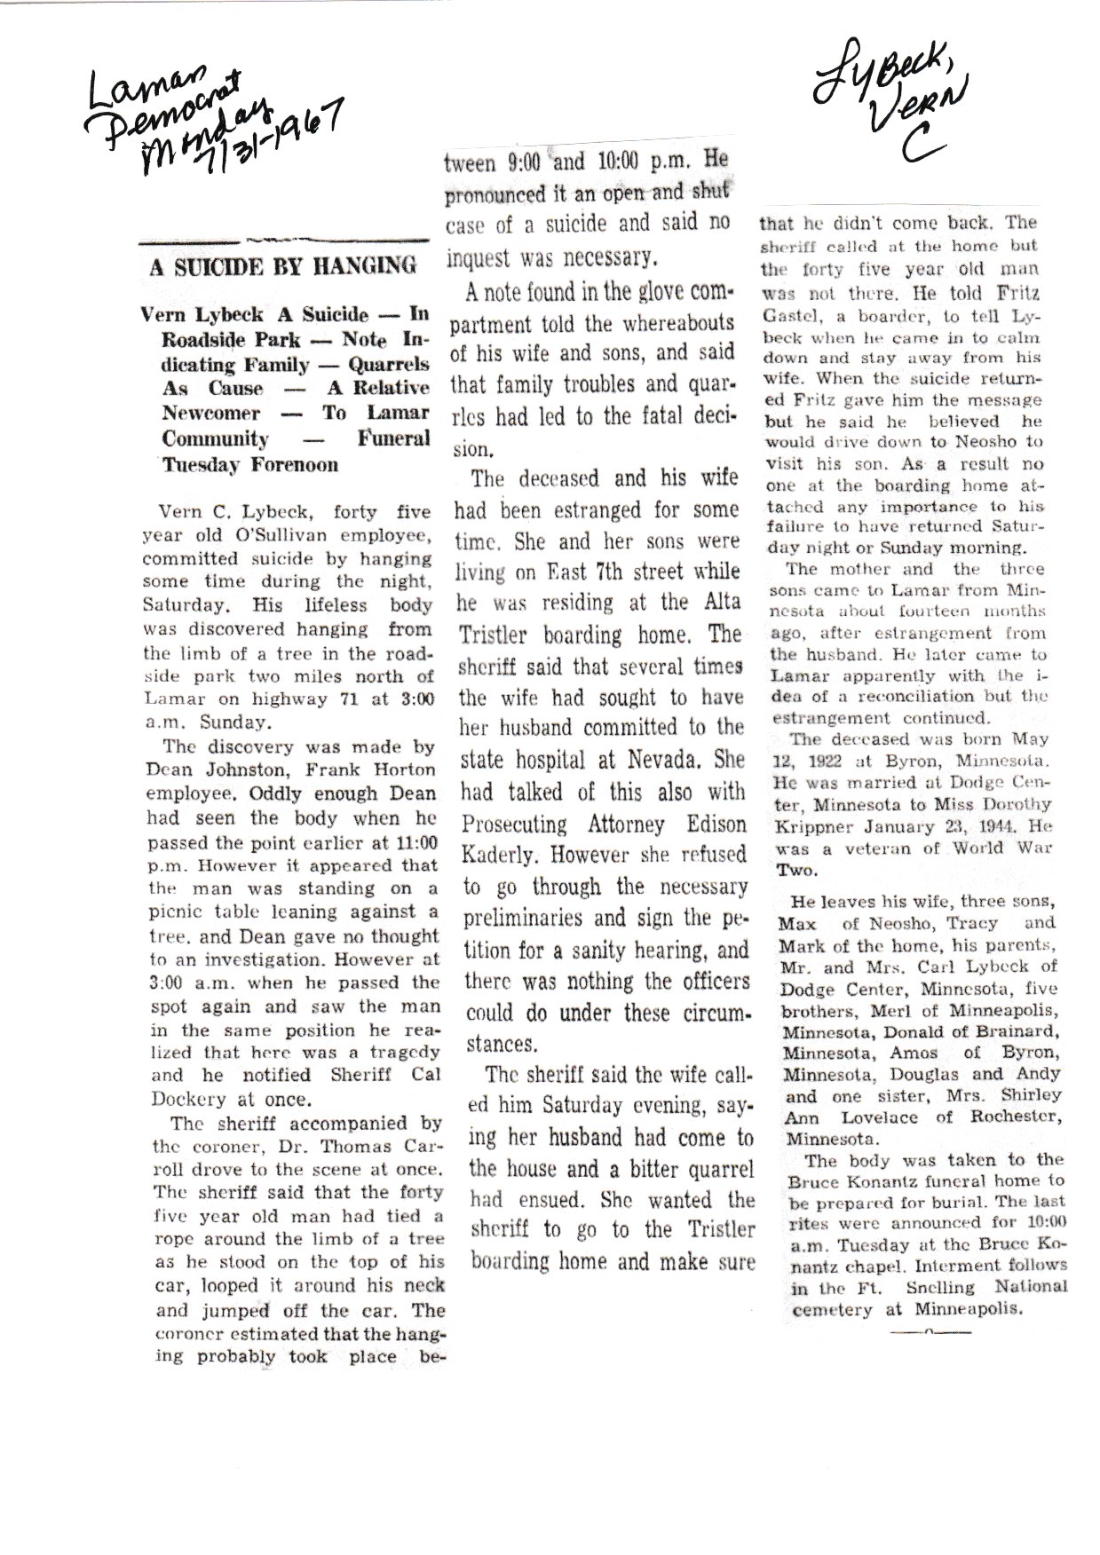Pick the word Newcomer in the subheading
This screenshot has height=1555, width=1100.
tap(210, 414)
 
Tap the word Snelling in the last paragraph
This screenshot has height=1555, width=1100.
tap(936, 1286)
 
